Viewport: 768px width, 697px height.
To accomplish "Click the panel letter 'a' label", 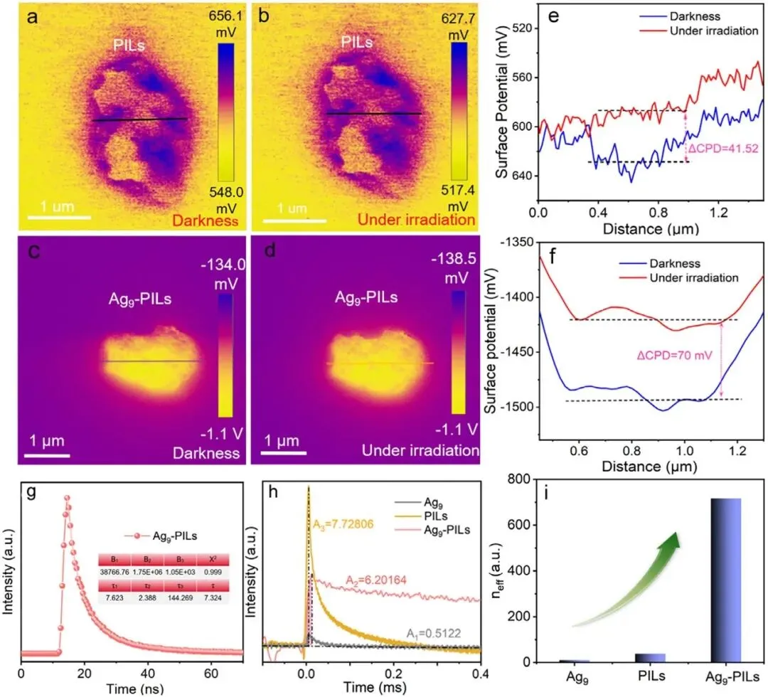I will click(31, 18).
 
